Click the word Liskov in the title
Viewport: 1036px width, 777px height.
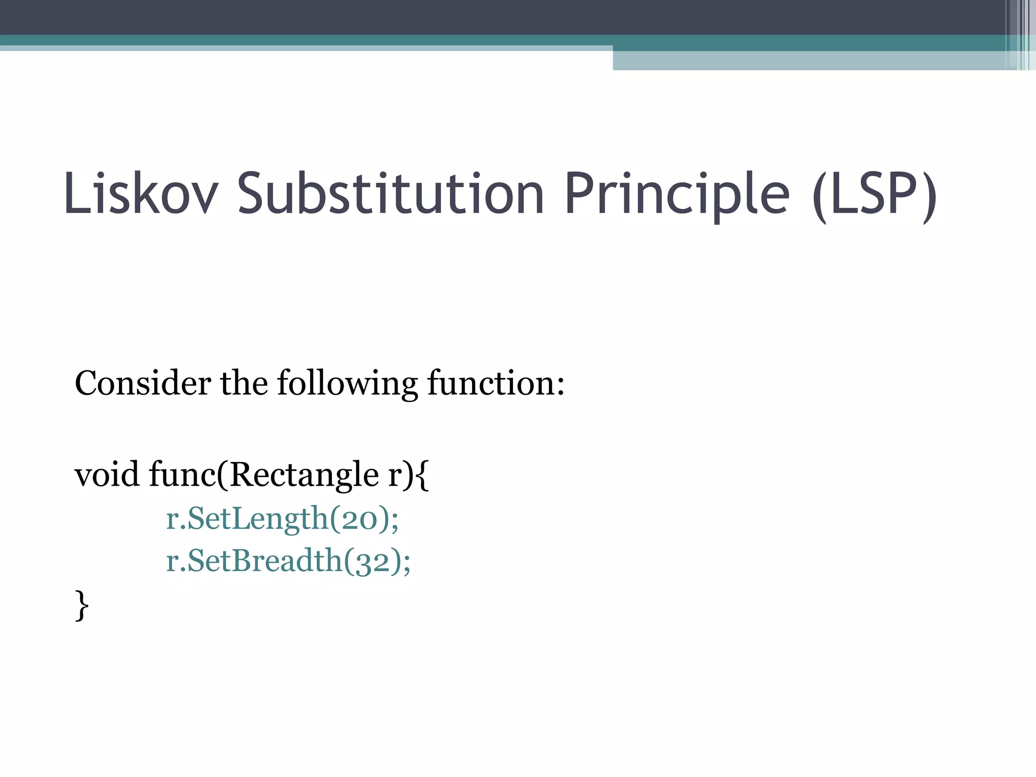tap(141, 194)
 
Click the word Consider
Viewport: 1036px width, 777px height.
tap(143, 383)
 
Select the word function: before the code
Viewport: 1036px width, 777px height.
tap(496, 383)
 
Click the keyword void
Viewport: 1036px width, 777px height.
tap(107, 475)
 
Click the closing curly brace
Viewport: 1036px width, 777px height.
tap(82, 606)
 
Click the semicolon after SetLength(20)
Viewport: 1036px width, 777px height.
tap(395, 521)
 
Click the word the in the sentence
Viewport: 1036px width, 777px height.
tap(244, 383)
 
